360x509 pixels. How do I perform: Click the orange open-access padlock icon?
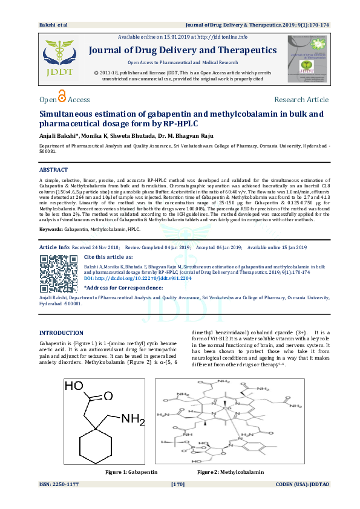click(x=62, y=97)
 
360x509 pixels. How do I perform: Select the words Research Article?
click(x=301, y=100)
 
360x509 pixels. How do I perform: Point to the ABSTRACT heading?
click(x=53, y=170)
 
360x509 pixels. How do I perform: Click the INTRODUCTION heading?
click(x=61, y=333)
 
